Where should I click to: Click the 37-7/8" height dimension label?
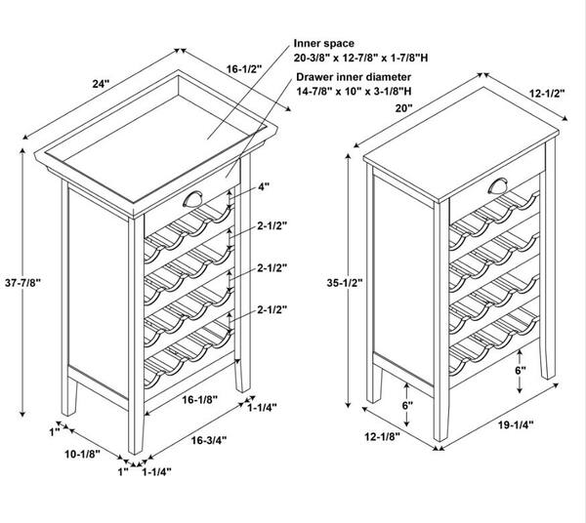coord(22,283)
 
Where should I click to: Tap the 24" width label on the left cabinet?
coord(101,84)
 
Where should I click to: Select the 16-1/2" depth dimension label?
coord(244,69)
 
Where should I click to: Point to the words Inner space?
coord(323,43)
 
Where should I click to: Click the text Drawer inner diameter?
coord(354,77)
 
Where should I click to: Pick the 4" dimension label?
coord(264,186)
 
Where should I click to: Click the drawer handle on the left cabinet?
coord(192,199)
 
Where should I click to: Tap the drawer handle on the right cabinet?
coord(498,186)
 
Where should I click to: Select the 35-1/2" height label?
coord(345,283)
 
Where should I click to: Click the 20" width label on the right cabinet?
coord(404,108)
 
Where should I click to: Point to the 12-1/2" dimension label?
coord(547,93)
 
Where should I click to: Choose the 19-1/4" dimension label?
coord(516,424)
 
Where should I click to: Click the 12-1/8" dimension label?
coord(382,436)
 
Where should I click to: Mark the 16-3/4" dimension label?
coord(209,440)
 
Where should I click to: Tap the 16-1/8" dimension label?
coord(200,399)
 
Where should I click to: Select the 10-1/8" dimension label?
coord(83,454)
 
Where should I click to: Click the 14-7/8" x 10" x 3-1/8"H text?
coord(354,91)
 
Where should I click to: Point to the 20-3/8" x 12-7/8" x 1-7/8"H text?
coord(360,58)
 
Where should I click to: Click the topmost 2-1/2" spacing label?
coord(272,225)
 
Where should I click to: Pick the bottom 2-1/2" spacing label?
coord(272,309)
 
